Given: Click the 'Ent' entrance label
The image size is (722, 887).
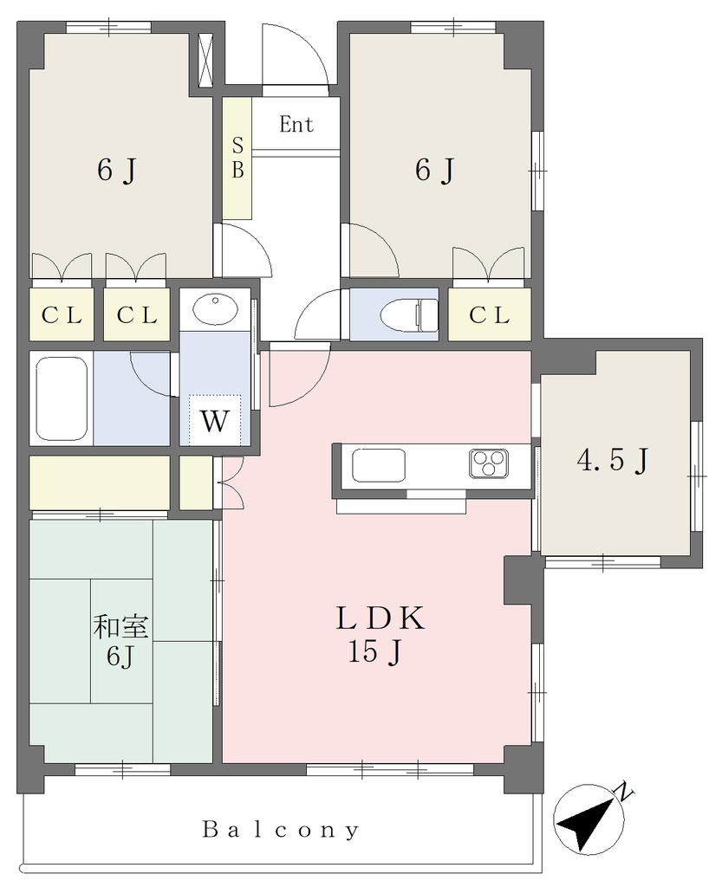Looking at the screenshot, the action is pyautogui.click(x=296, y=124).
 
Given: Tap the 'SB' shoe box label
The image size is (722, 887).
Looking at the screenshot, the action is pyautogui.click(x=237, y=158).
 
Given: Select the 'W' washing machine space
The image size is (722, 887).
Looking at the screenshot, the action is pyautogui.click(x=215, y=421).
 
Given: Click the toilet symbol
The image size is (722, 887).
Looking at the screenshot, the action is pyautogui.click(x=410, y=314).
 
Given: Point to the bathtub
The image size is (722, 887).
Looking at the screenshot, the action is pyautogui.click(x=62, y=398).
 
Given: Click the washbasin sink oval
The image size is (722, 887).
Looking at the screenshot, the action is pyautogui.click(x=215, y=308).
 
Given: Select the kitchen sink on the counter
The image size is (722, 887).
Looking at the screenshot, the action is pyautogui.click(x=379, y=465).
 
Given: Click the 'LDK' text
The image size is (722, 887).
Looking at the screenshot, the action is pyautogui.click(x=380, y=618).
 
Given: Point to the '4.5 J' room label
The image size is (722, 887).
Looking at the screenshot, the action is pyautogui.click(x=613, y=461).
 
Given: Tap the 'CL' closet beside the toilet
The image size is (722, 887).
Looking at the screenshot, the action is pyautogui.click(x=490, y=315).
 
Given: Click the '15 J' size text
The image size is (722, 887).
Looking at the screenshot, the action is pyautogui.click(x=375, y=651).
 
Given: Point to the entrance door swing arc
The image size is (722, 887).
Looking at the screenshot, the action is pyautogui.click(x=310, y=45).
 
